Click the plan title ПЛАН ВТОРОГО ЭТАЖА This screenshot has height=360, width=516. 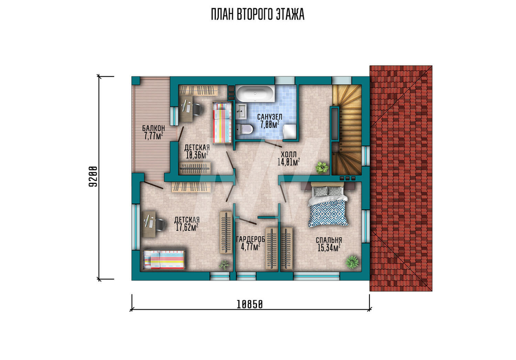point(257,14)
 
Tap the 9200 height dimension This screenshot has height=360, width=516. point(93,177)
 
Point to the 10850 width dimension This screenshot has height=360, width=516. point(250,305)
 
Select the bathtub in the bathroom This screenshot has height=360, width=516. point(255,94)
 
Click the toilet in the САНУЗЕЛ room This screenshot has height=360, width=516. point(244,130)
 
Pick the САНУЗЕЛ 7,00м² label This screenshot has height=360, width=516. point(269,121)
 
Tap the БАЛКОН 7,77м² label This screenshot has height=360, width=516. point(153,132)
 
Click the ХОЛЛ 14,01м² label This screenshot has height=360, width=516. point(288,158)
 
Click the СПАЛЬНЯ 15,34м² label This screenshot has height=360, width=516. point(329,244)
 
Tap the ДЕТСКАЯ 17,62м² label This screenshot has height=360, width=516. point(187,224)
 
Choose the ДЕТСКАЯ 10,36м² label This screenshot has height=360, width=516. point(197,151)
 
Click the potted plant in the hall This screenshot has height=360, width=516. point(322,167)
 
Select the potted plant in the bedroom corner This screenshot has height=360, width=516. point(352,262)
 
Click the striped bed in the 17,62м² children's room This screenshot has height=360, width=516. point(164,260)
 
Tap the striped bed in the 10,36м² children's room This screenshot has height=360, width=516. point(222,122)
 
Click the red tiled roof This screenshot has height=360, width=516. point(401,178)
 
